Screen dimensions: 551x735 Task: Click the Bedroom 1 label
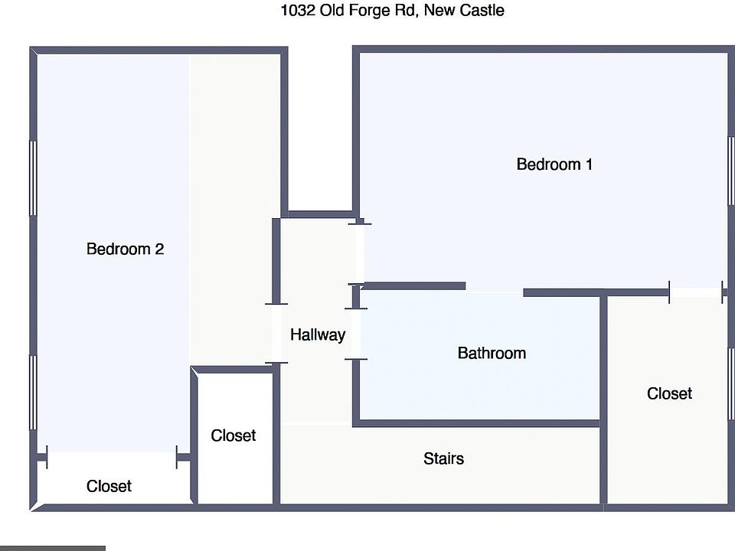click(x=554, y=165)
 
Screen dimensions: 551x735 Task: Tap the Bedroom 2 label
click(x=125, y=249)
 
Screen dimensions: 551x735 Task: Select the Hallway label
click(x=317, y=334)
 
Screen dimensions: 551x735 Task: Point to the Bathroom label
click(x=492, y=354)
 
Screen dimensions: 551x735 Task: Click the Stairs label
click(x=443, y=459)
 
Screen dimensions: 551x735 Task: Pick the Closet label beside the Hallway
click(x=233, y=435)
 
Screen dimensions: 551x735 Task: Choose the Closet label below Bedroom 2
click(x=109, y=487)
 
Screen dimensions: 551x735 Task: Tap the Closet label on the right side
click(x=669, y=393)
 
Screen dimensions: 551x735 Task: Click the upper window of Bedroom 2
click(x=33, y=178)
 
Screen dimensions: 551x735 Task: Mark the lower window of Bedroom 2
click(x=33, y=392)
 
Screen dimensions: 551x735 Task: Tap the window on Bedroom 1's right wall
click(x=730, y=171)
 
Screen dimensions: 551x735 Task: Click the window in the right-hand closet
click(x=730, y=383)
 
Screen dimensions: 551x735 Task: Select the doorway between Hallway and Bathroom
click(x=356, y=334)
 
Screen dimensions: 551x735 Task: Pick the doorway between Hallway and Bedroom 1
click(x=358, y=253)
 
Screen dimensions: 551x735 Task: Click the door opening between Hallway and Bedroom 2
click(x=276, y=334)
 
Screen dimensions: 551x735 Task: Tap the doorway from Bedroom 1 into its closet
click(x=696, y=292)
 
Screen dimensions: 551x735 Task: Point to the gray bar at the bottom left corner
click(x=52, y=548)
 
